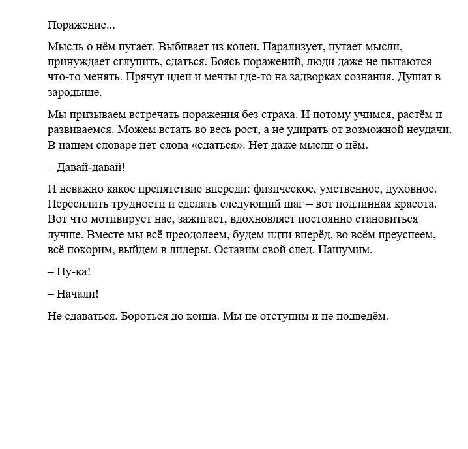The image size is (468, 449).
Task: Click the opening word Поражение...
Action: (x=81, y=25)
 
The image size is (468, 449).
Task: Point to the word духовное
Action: (x=413, y=189)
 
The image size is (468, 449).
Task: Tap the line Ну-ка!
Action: (x=69, y=271)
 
